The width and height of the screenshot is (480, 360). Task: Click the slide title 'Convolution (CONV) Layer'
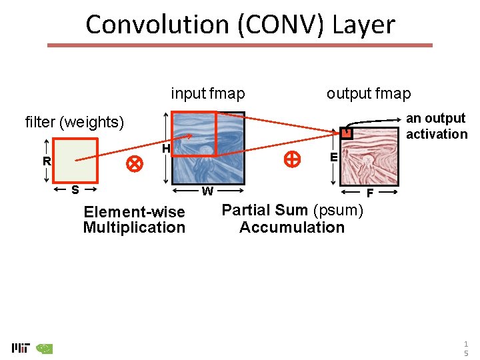click(240, 25)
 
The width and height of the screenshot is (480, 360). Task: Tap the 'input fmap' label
click(208, 93)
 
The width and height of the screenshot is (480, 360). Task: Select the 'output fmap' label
click(369, 93)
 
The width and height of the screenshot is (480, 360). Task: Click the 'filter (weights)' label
click(75, 122)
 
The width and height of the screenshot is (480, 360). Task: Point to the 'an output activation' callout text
click(437, 126)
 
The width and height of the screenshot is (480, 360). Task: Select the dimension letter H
click(166, 148)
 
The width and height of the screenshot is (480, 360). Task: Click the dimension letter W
click(207, 192)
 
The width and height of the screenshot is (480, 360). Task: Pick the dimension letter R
click(47, 161)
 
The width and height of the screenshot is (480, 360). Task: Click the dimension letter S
click(75, 190)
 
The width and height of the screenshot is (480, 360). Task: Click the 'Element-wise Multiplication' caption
click(134, 220)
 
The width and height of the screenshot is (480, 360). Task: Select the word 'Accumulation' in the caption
click(292, 227)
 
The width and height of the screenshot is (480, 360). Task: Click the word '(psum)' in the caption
click(338, 211)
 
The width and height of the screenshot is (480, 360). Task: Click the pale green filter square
click(75, 160)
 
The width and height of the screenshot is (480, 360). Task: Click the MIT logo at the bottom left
click(21, 348)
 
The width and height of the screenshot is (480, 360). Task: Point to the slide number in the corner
click(466, 348)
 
